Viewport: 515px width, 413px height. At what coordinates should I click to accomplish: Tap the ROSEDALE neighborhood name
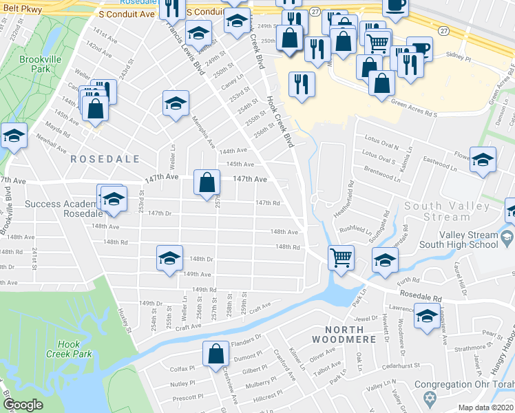point(105,159)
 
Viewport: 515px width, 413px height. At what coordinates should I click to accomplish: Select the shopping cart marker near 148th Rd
point(340,257)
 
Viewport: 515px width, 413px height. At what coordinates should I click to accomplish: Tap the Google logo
point(23,405)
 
